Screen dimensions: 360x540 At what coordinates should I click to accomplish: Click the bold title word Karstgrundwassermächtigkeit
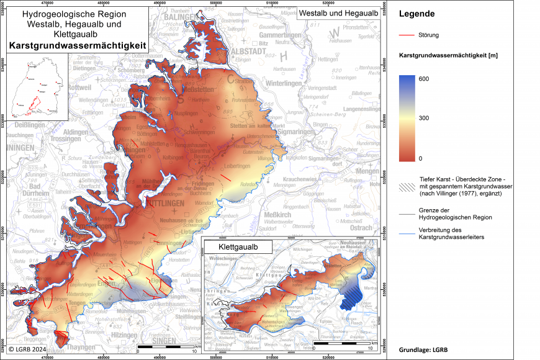click(77, 45)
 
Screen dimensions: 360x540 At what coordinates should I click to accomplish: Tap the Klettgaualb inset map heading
click(239, 246)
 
